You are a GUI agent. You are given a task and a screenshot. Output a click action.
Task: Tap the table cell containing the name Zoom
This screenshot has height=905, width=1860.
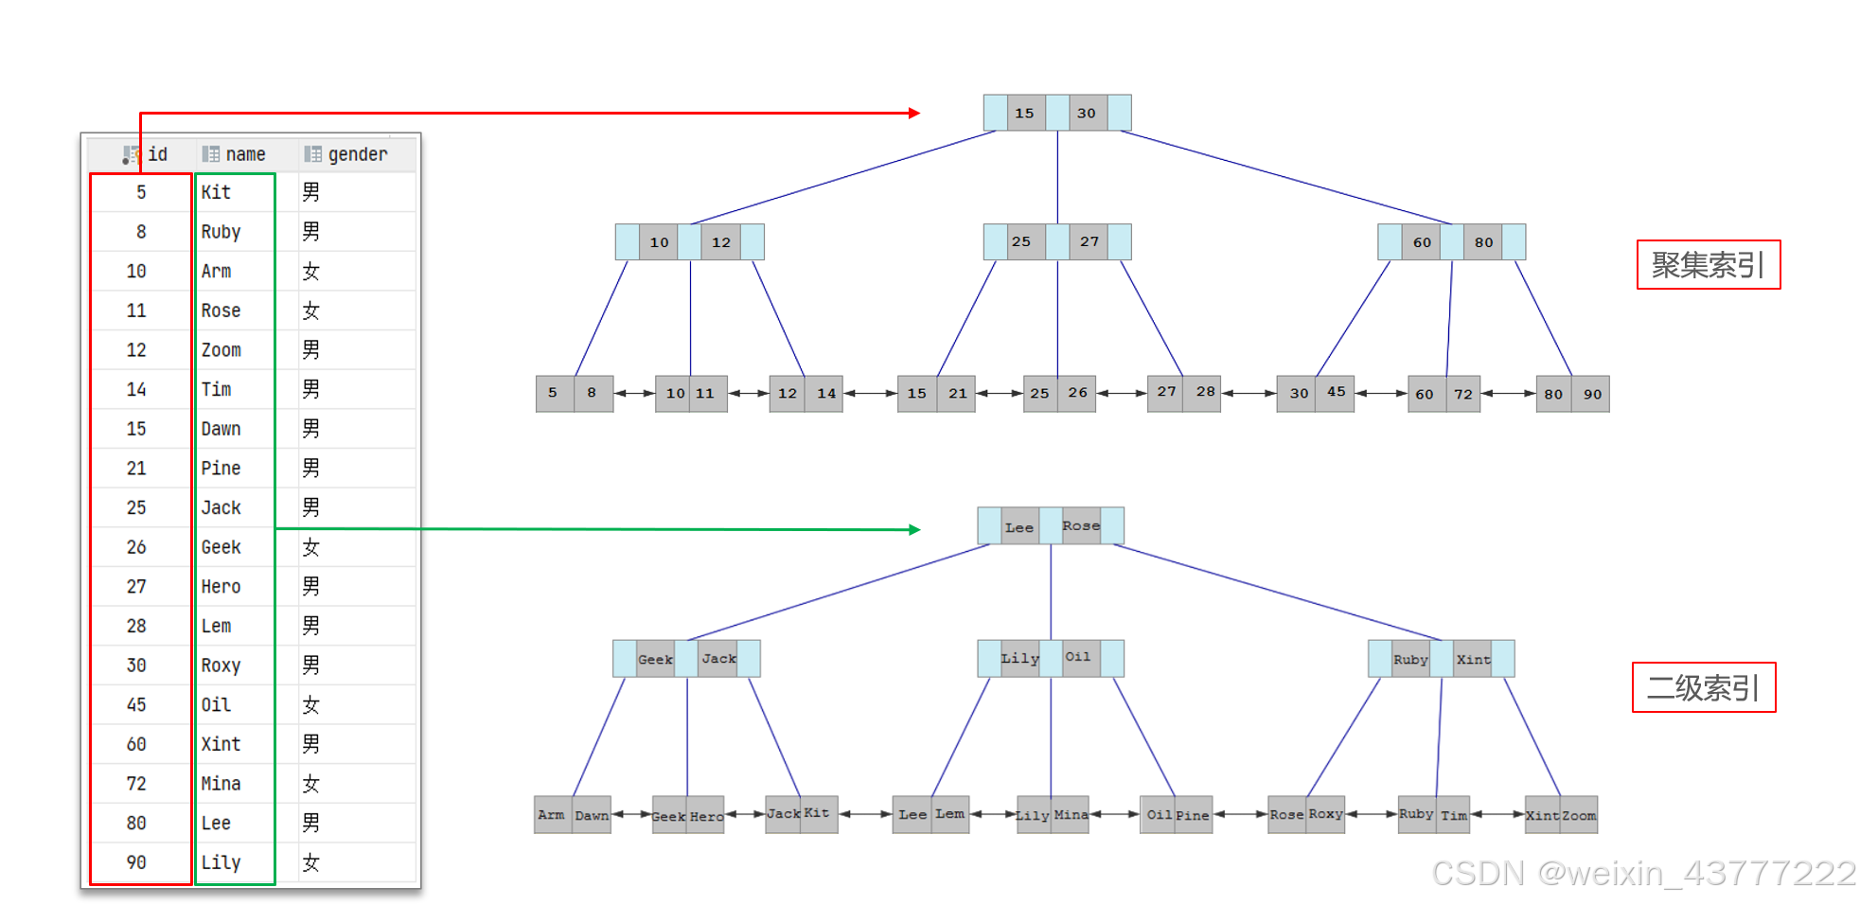click(221, 350)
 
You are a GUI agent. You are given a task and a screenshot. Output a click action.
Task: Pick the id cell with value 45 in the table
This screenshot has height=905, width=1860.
click(136, 705)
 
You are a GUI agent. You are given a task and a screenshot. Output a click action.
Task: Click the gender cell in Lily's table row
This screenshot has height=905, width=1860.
click(310, 862)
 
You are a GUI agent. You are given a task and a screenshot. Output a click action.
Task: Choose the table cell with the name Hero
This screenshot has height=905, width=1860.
click(221, 587)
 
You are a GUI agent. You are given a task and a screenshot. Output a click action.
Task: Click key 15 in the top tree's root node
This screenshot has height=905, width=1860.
click(1024, 113)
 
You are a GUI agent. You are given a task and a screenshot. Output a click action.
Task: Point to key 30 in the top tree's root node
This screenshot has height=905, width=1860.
click(1086, 113)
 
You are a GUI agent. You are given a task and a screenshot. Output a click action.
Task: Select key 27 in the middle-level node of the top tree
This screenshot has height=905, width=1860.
click(1089, 241)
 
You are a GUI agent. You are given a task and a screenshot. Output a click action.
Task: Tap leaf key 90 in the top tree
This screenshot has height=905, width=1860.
click(1592, 394)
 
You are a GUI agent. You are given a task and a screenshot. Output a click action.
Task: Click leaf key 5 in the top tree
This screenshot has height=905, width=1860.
click(553, 393)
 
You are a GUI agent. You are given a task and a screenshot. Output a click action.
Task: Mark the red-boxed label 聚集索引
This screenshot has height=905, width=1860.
click(1709, 265)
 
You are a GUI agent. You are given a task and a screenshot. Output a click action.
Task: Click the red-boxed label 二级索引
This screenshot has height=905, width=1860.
click(1704, 687)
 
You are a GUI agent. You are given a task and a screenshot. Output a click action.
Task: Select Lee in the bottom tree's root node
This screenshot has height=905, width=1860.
click(1019, 527)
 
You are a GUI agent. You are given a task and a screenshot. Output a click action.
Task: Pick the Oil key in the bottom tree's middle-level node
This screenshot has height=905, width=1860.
click(1078, 657)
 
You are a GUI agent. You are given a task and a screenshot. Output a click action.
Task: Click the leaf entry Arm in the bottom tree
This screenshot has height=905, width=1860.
click(551, 815)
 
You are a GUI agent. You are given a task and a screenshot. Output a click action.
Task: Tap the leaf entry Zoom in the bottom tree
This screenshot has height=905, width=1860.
click(1579, 815)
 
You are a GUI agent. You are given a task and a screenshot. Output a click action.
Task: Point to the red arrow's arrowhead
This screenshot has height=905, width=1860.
click(914, 113)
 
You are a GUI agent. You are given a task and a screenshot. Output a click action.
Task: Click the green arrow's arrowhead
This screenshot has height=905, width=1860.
click(914, 529)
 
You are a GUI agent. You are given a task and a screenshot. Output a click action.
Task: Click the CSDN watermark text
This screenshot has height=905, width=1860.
click(1643, 873)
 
